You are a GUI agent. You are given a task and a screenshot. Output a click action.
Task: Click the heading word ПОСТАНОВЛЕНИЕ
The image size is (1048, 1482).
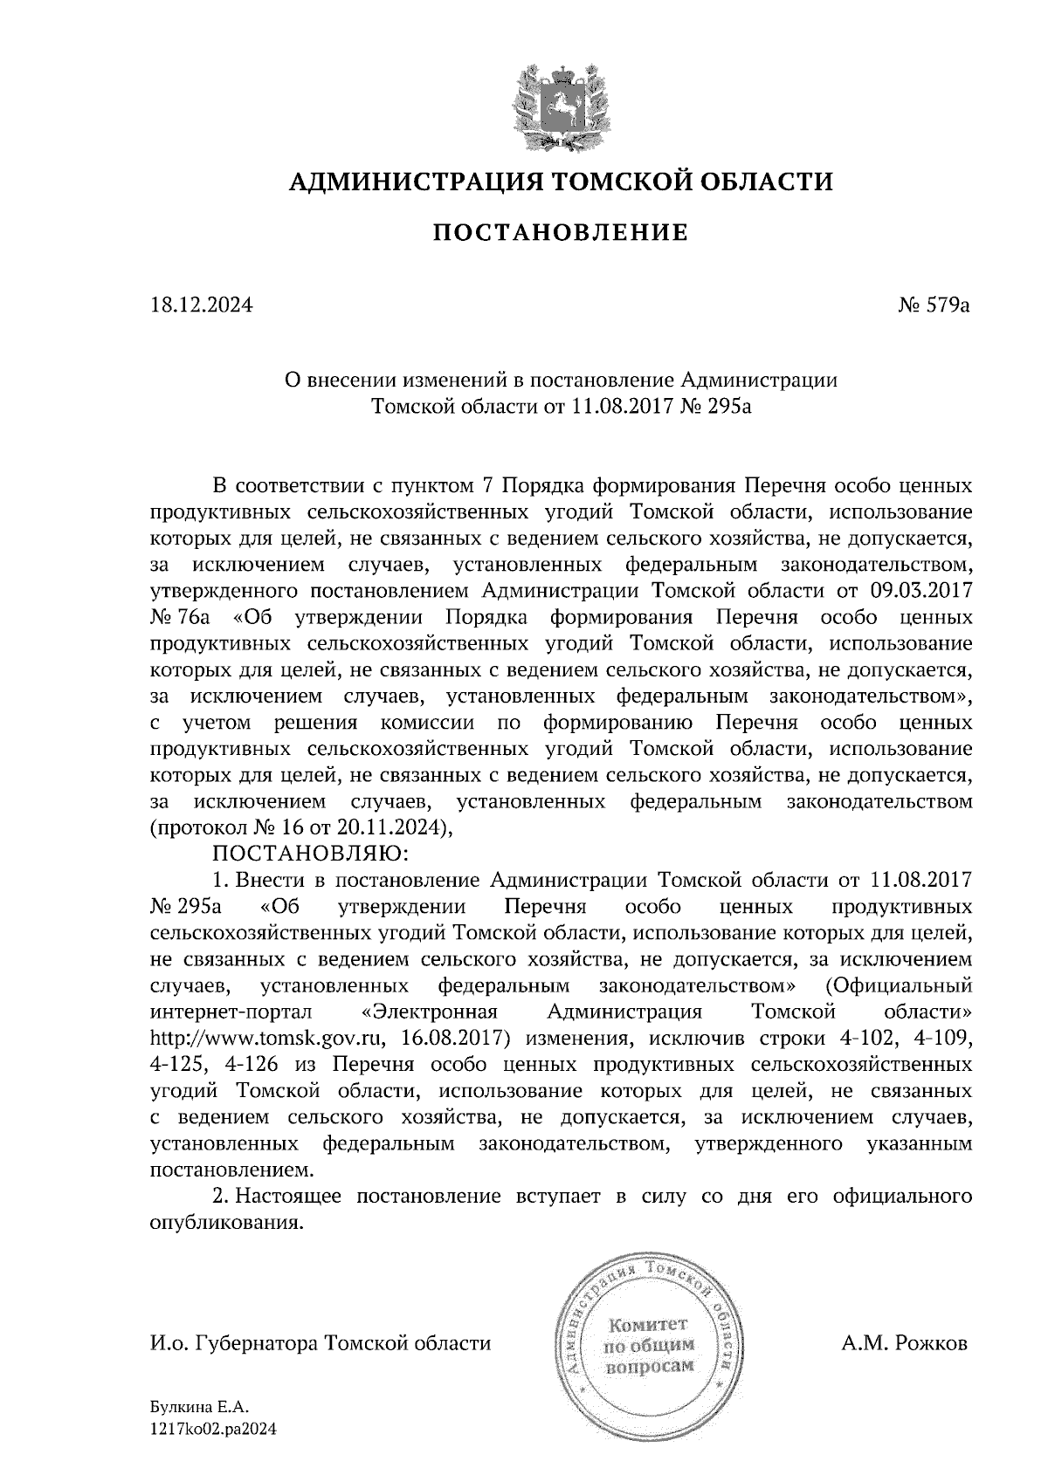561,233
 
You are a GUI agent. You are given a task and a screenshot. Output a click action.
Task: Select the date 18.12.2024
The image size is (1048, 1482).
201,306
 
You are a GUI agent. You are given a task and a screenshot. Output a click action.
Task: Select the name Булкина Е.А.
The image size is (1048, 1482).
200,1407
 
